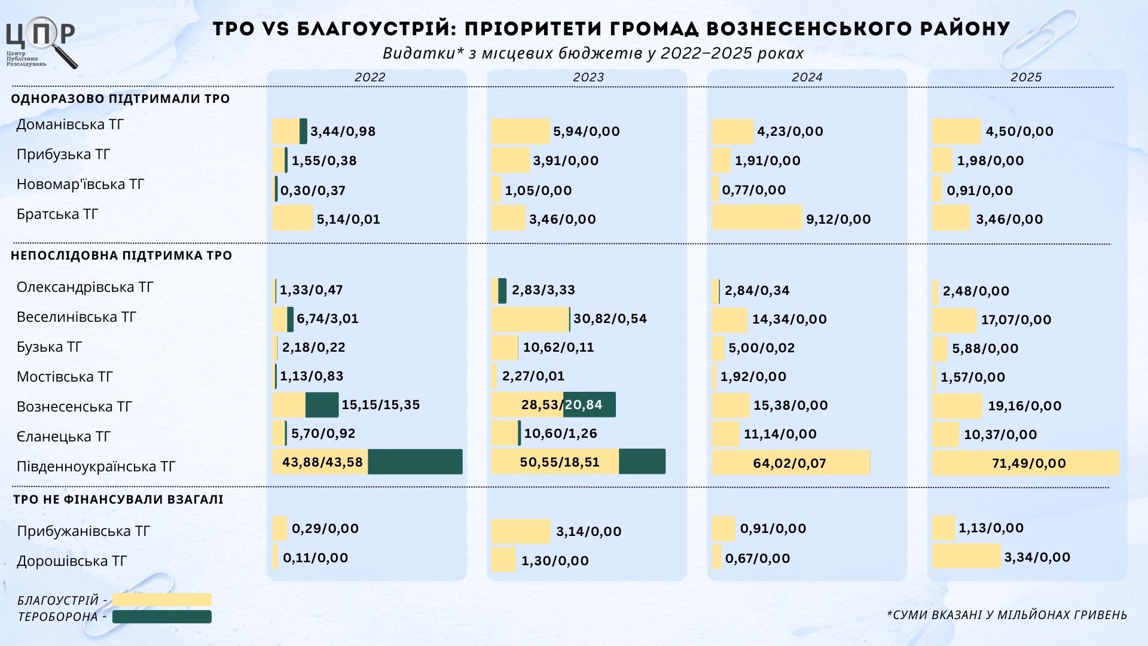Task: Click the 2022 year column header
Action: (x=370, y=77)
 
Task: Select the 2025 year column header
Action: (x=1026, y=77)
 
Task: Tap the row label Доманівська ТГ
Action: (x=70, y=124)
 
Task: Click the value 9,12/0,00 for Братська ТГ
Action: (x=838, y=219)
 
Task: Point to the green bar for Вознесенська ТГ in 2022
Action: (x=322, y=405)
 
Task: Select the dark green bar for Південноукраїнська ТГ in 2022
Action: (x=415, y=462)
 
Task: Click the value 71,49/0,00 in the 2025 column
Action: (x=1028, y=463)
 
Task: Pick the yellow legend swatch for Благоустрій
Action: (x=161, y=599)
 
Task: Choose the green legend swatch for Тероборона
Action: (x=161, y=617)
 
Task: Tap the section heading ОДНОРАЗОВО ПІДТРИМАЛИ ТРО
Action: (x=120, y=99)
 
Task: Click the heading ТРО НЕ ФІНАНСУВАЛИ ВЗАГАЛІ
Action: (x=118, y=499)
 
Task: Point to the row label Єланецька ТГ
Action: (x=63, y=437)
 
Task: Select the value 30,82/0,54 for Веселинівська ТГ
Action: (x=610, y=318)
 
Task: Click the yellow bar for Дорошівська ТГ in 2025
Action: (x=966, y=556)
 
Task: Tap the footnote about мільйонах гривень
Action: (x=1007, y=615)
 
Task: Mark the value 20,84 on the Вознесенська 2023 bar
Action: (x=584, y=405)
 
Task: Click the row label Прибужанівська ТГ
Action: (x=83, y=531)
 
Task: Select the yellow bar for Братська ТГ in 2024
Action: (x=756, y=218)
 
